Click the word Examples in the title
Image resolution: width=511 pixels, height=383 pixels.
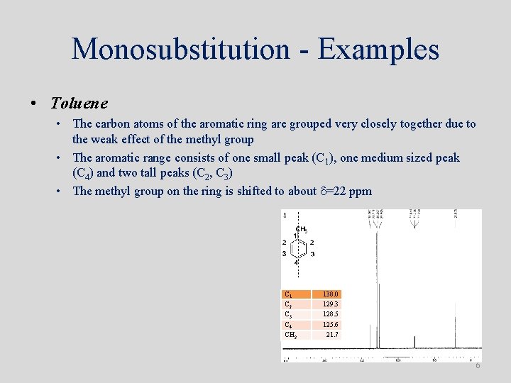(x=378, y=50)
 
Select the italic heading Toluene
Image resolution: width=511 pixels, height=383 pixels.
(x=79, y=103)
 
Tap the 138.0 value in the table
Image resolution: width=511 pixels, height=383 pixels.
(x=331, y=294)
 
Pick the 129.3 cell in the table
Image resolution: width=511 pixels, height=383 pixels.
(x=331, y=304)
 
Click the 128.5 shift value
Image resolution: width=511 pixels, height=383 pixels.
(x=331, y=314)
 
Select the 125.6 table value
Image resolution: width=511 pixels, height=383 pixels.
(x=331, y=324)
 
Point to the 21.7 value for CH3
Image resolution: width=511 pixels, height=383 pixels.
(x=332, y=334)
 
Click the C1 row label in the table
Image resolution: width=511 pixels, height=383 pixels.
(x=288, y=294)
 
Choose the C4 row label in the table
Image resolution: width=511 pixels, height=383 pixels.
(x=288, y=324)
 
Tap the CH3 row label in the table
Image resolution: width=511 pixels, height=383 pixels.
(x=290, y=334)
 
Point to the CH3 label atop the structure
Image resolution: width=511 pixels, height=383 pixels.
(x=301, y=229)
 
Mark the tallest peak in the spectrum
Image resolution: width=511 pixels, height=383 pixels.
(x=376, y=284)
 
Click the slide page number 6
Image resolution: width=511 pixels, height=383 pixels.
(x=478, y=365)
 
